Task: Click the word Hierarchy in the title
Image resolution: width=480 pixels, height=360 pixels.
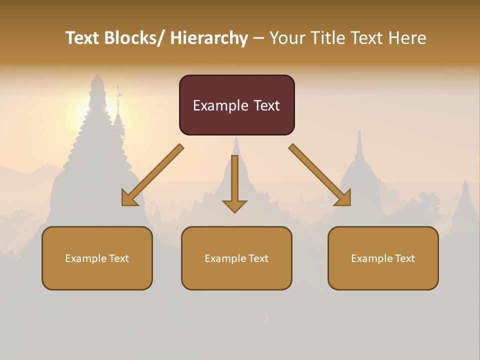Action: (209, 38)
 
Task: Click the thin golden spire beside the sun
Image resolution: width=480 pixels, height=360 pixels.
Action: (118, 107)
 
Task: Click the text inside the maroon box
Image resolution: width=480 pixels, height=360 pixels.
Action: (236, 105)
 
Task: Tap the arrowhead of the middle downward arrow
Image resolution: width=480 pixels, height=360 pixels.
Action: (234, 206)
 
